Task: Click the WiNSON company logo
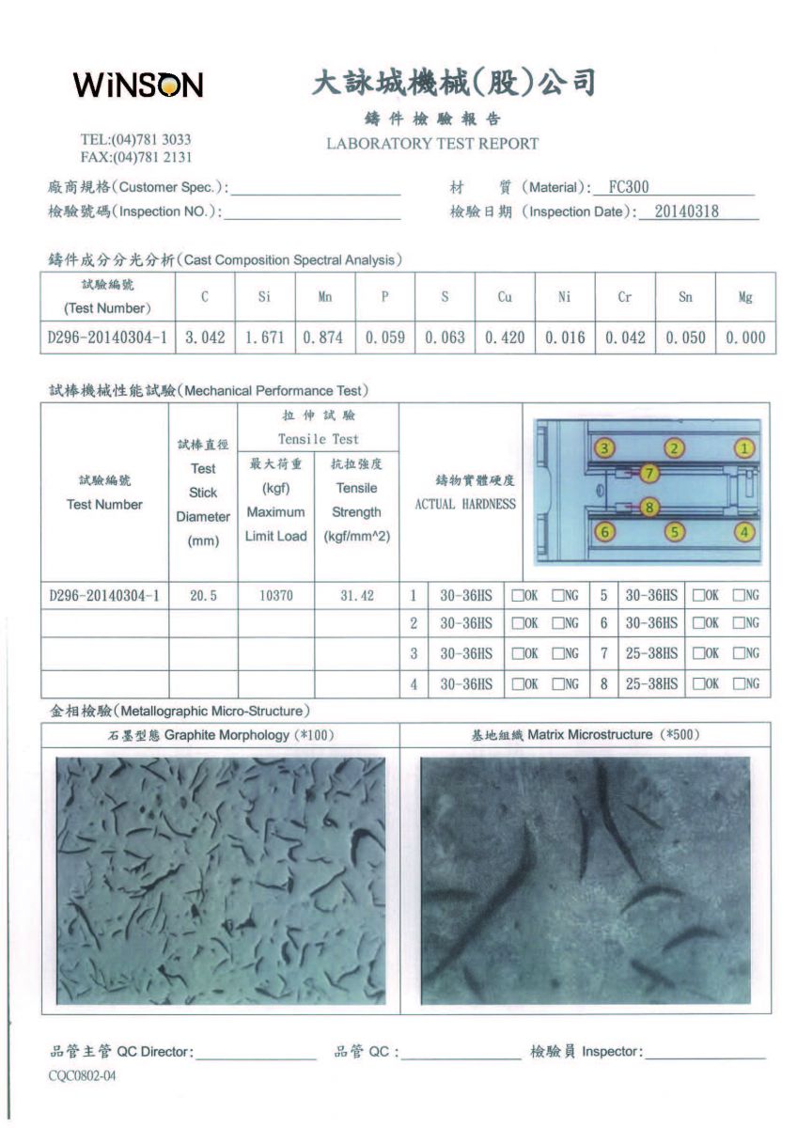click(x=137, y=86)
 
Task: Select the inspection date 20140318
click(x=686, y=211)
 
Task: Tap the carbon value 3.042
click(x=204, y=337)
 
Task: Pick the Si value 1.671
click(x=264, y=337)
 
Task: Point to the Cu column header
click(x=505, y=297)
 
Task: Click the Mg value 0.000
click(x=745, y=337)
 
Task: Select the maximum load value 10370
click(x=275, y=596)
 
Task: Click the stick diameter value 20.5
click(x=203, y=596)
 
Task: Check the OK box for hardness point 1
click(x=518, y=595)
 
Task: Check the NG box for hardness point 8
click(x=739, y=683)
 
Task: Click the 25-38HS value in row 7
click(x=651, y=653)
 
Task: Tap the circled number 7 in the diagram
click(x=650, y=473)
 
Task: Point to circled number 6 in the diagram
click(x=606, y=532)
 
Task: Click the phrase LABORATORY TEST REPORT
click(x=432, y=144)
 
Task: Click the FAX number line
click(x=136, y=157)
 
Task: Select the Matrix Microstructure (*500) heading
click(x=586, y=734)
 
